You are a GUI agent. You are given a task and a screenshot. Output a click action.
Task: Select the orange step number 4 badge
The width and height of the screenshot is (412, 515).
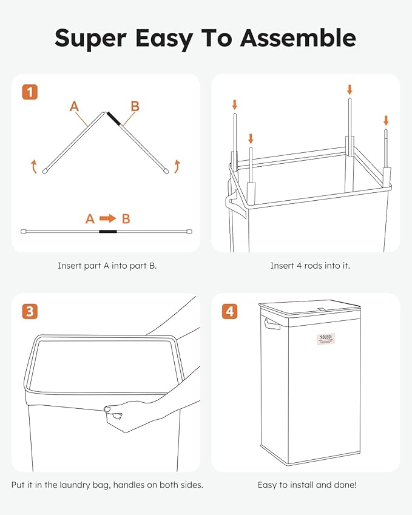(x=229, y=312)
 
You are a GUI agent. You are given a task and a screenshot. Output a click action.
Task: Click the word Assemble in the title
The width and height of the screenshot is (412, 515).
(x=297, y=38)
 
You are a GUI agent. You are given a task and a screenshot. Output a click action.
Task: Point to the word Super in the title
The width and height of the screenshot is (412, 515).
(x=91, y=38)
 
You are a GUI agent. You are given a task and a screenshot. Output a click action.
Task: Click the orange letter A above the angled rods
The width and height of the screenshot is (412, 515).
(x=74, y=107)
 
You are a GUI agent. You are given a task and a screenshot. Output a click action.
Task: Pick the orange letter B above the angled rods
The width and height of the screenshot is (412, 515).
(x=135, y=107)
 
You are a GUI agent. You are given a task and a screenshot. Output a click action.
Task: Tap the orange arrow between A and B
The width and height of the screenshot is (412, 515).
(x=107, y=219)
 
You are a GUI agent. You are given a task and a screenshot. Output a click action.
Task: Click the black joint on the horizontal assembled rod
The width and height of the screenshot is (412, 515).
(x=108, y=231)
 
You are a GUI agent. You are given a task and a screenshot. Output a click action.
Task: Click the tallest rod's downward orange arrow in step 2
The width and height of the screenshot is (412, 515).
(x=350, y=89)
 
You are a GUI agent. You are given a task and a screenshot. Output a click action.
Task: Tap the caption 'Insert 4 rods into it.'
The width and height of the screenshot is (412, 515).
(x=309, y=266)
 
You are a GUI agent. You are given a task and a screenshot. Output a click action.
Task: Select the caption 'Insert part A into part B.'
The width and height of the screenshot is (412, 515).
(x=107, y=266)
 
